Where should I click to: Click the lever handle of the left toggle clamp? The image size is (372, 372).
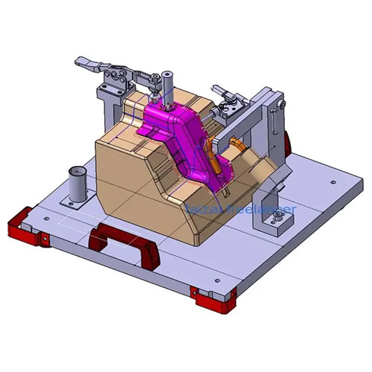click(89, 64)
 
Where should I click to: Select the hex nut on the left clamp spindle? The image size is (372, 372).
click(154, 79)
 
